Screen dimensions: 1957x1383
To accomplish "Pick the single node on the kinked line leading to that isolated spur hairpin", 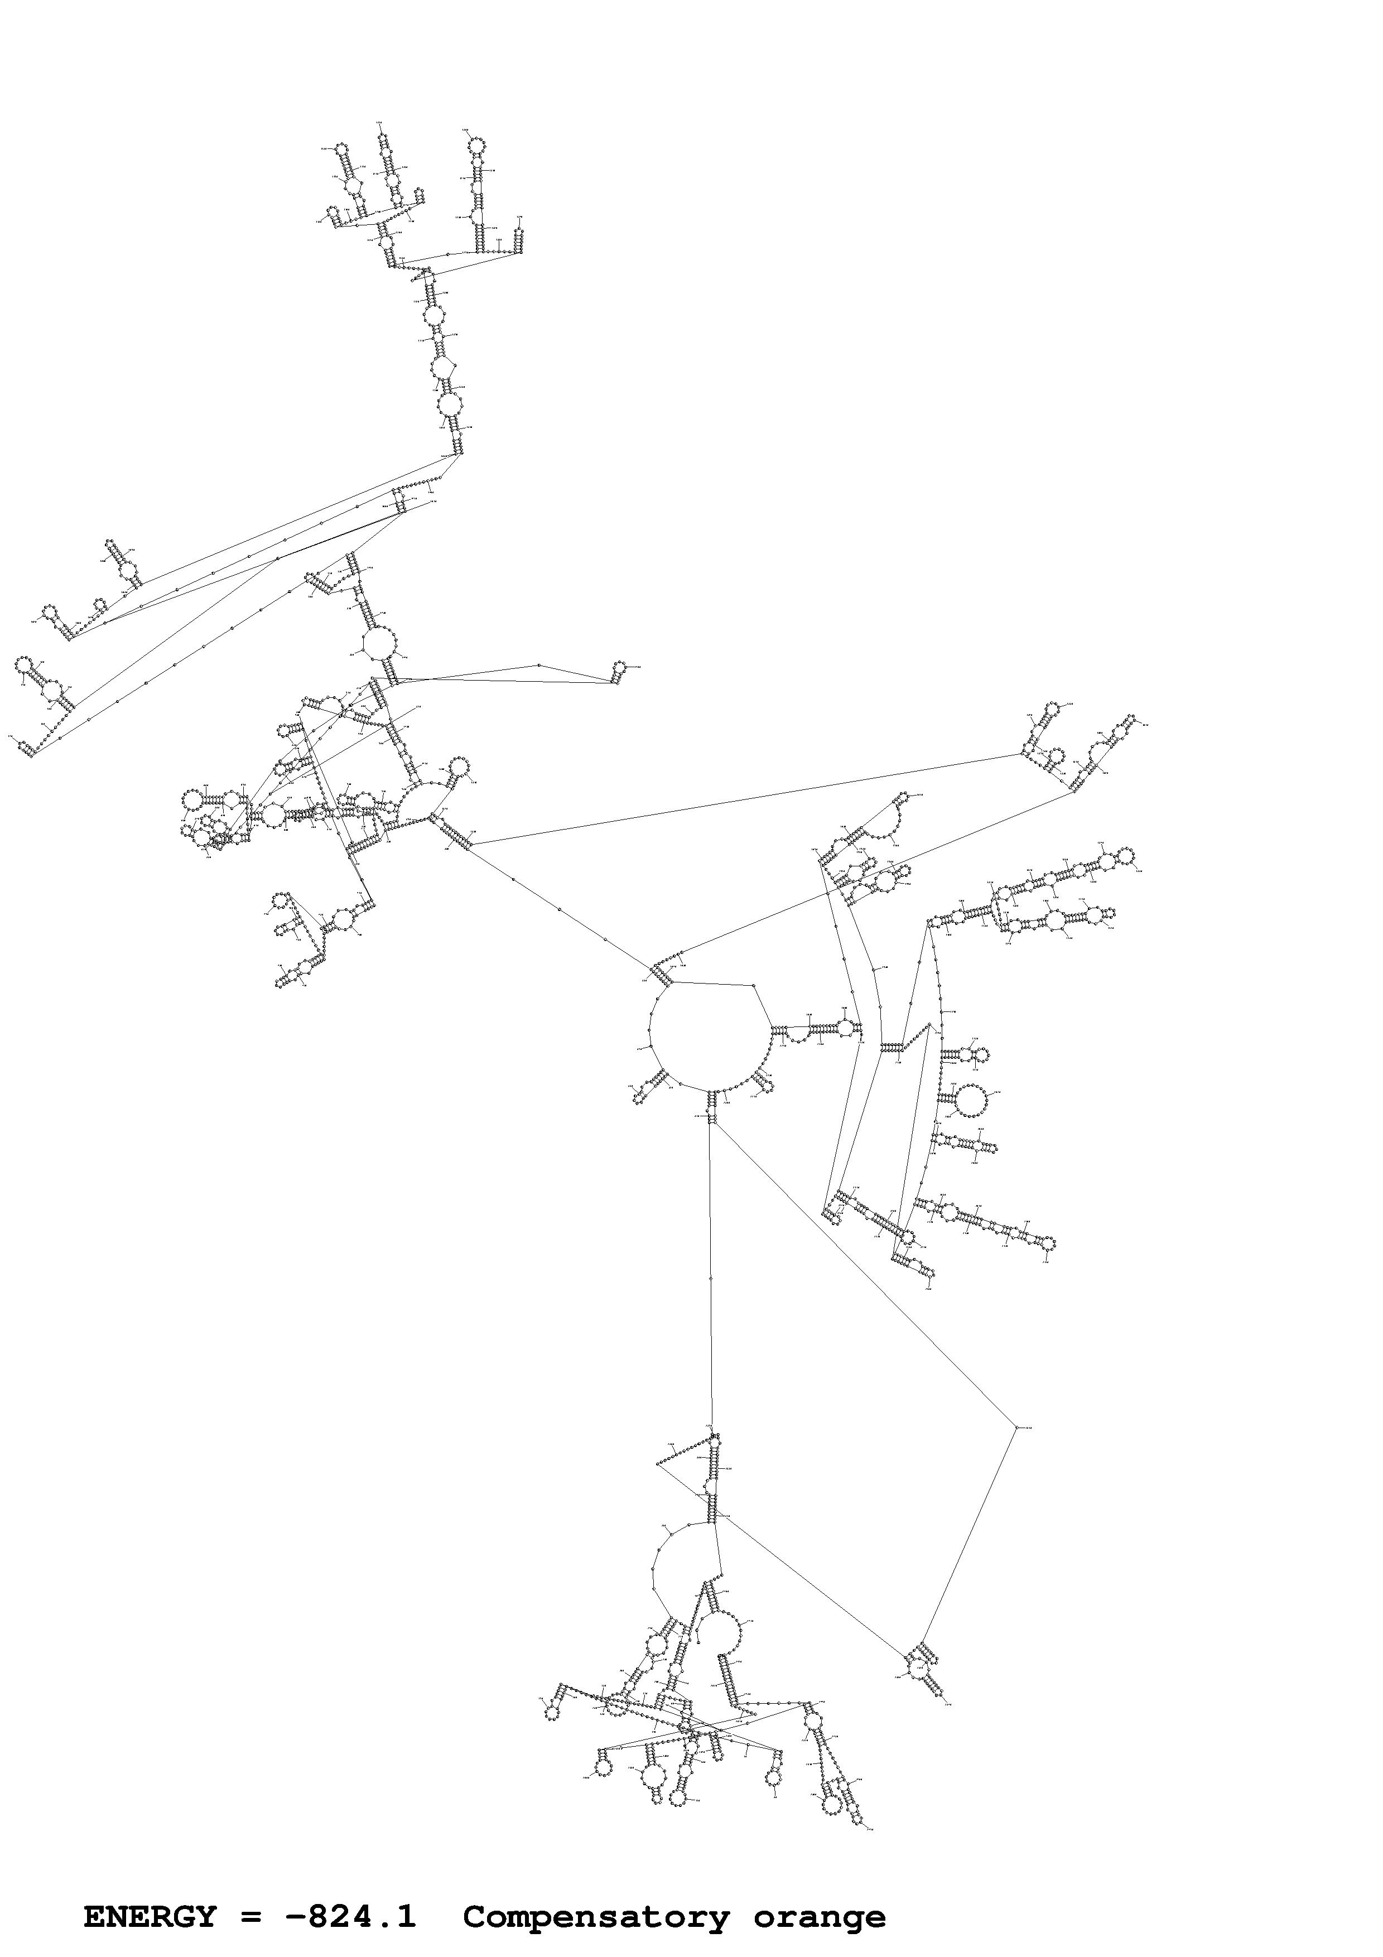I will click(x=538, y=665).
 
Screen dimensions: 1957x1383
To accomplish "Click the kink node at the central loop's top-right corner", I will click(x=755, y=986).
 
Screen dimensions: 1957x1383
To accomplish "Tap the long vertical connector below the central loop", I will click(x=711, y=1279).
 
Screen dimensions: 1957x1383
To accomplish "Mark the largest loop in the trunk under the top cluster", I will click(x=449, y=404).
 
